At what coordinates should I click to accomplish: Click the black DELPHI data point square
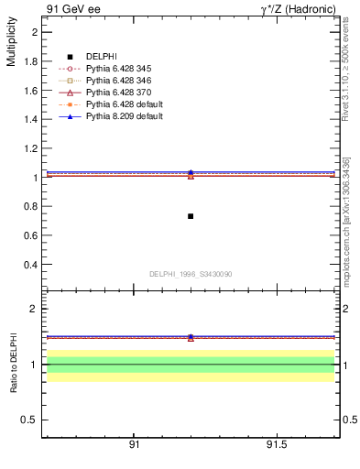[x=191, y=216]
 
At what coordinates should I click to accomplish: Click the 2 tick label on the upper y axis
[x=35, y=32]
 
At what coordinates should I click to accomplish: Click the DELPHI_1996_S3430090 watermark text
[x=191, y=274]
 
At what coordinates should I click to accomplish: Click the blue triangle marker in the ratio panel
[x=191, y=337]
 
